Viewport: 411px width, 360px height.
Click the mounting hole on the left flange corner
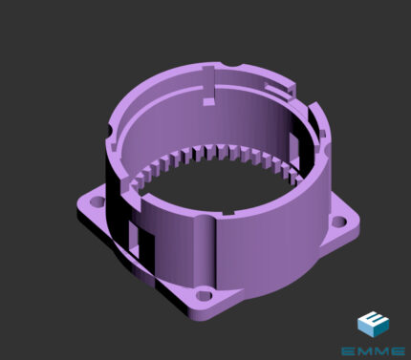[x=97, y=201]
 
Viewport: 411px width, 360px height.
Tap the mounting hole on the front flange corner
[x=204, y=296]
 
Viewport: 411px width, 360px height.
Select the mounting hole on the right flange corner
[x=339, y=222]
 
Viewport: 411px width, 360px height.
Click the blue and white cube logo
[x=373, y=324]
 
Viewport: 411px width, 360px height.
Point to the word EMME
[x=373, y=351]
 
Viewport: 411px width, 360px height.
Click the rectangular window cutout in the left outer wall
[x=134, y=240]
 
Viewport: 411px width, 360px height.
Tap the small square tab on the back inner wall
[x=208, y=101]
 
